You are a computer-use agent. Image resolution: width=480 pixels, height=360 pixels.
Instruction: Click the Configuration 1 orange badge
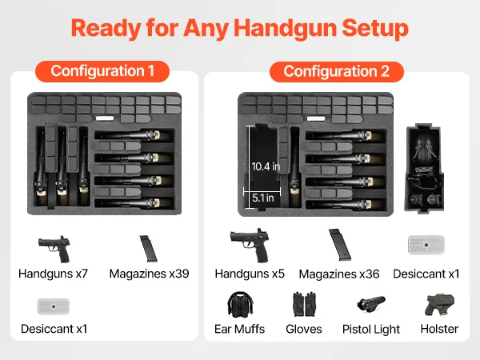pos(102,71)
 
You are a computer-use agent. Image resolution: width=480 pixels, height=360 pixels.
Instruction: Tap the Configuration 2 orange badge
pos(337,72)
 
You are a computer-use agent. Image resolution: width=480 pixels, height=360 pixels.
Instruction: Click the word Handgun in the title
pos(286,28)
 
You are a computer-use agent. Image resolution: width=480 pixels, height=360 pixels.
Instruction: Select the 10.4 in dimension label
pos(266,166)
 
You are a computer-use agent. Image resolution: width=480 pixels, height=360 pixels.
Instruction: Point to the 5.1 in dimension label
pos(263,198)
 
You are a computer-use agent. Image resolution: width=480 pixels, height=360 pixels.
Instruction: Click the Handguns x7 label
pos(54,274)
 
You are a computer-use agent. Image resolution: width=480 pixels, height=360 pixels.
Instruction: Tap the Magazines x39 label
pos(149,274)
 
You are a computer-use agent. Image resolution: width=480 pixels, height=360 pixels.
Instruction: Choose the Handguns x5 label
pos(250,274)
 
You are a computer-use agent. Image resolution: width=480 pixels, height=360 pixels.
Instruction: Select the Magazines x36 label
pos(339,274)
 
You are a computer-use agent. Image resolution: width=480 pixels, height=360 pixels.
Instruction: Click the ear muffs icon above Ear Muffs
pos(240,304)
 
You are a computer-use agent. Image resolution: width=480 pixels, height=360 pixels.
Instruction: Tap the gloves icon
pos(304,304)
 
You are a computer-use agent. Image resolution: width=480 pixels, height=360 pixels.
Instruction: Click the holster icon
pos(439,305)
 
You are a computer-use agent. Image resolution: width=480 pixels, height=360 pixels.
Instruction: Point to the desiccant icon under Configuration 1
pos(54,306)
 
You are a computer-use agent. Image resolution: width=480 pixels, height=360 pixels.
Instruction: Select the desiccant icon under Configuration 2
pos(426,245)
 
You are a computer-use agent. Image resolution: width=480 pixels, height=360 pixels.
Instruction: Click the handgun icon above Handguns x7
pos(54,249)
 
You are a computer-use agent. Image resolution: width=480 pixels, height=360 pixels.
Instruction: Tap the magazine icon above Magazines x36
pos(340,245)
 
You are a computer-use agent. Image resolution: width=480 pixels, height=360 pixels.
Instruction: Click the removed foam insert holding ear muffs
pos(424,168)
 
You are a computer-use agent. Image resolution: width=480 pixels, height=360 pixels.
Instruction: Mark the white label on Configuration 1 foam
pos(105,118)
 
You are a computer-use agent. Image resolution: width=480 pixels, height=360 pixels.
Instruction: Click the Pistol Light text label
pos(371,329)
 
